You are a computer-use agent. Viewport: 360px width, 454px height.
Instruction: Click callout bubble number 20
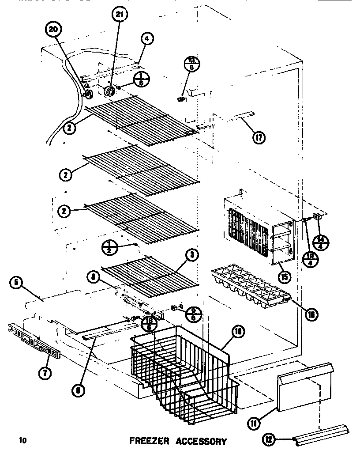(x=53, y=30)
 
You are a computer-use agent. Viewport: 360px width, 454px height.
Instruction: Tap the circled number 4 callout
(x=147, y=39)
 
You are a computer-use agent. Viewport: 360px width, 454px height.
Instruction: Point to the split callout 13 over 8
(x=191, y=64)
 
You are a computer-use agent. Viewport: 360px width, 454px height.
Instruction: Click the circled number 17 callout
(x=258, y=138)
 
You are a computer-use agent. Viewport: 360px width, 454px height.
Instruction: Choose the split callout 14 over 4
(x=320, y=243)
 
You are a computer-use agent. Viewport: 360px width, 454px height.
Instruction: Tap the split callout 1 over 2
(x=110, y=248)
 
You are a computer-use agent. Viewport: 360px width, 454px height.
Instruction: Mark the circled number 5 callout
(x=17, y=283)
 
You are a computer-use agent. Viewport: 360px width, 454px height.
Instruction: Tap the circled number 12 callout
(x=270, y=439)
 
